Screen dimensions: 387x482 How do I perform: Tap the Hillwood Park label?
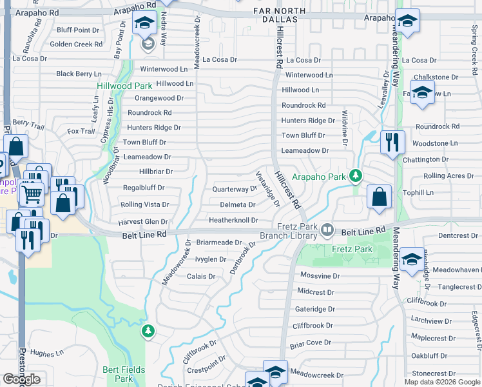pos(124,86)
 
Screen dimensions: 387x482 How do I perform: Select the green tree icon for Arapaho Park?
pos(354,175)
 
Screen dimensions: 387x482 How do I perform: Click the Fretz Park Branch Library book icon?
pos(328,230)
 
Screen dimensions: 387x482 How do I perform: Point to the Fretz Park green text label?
pos(352,249)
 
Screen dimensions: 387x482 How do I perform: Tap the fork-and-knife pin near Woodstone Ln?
pos(392,142)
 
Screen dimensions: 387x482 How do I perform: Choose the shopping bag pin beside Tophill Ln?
pos(380,197)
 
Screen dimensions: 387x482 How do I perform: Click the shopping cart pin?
pos(31,193)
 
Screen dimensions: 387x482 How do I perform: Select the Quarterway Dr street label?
pos(235,190)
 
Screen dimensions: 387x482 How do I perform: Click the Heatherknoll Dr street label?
pos(233,220)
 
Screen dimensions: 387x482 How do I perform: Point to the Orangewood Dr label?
pos(159,98)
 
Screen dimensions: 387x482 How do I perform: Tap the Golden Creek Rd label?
pos(76,45)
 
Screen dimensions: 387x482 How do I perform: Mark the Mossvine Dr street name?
pos(320,275)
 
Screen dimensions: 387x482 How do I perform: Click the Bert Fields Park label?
pos(118,374)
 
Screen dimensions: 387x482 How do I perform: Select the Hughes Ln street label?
pos(47,353)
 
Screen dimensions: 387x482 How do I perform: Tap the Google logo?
pos(21,379)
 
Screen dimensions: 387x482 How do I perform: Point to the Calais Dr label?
pos(200,276)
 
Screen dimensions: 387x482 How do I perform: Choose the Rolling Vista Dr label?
pos(144,205)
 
